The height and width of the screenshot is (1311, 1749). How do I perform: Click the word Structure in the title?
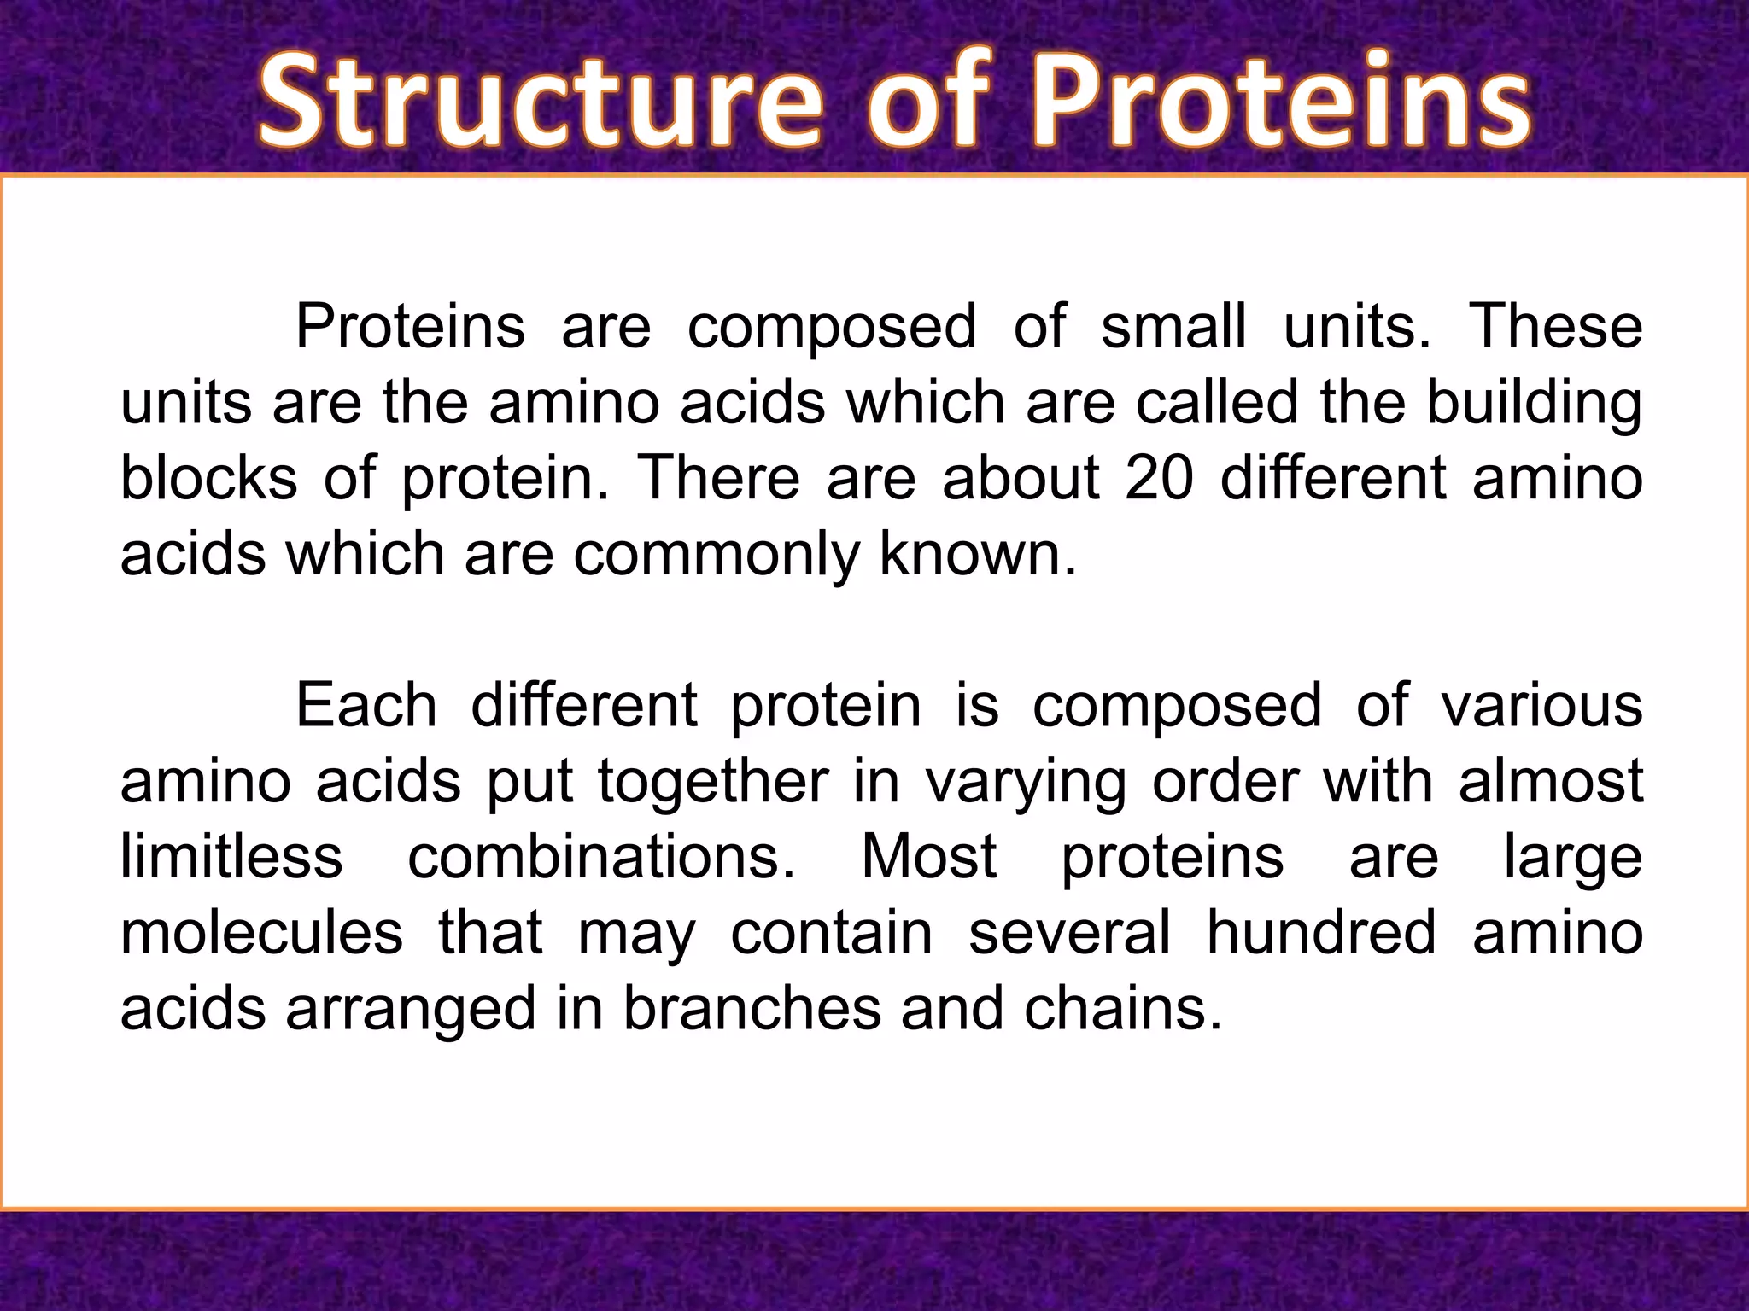[538, 102]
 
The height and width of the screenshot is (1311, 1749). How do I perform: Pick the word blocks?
[208, 478]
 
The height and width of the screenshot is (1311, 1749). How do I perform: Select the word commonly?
[716, 555]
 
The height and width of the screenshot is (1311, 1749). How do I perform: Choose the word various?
[1541, 706]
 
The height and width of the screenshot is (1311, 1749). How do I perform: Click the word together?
[712, 782]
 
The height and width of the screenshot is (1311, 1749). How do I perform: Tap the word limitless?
[231, 857]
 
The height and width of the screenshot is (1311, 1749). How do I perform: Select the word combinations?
[600, 857]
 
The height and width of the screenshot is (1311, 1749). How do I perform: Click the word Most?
[928, 857]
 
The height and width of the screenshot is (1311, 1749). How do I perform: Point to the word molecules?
[261, 933]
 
